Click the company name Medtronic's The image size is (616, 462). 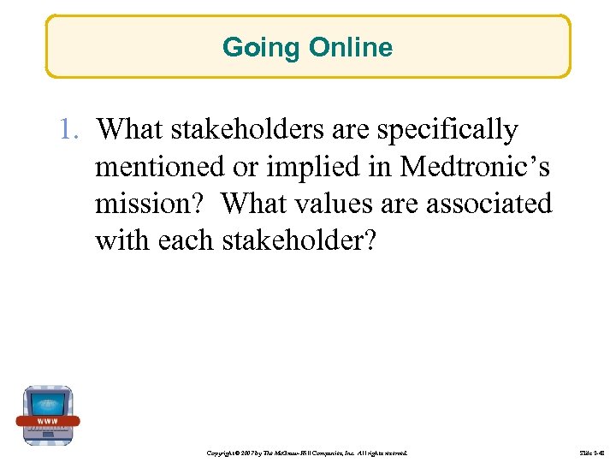pos(475,168)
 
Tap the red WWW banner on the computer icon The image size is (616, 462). pos(48,421)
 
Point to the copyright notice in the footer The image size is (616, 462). pos(307,451)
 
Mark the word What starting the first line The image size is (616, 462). pos(131,130)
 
